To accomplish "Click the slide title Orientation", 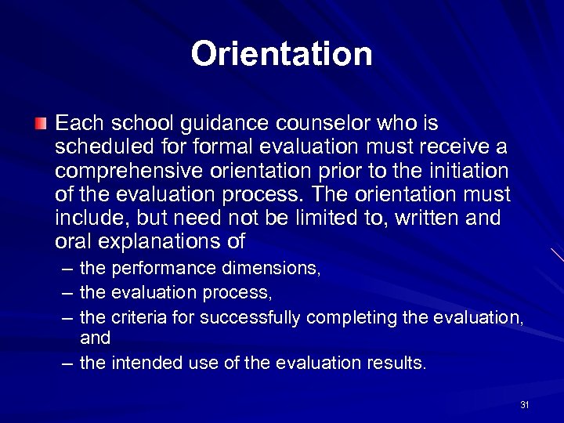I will [281, 54].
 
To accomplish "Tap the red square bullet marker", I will [41, 123].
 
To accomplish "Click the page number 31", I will [524, 405].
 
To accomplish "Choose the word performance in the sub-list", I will [164, 269].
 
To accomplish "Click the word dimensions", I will [270, 269].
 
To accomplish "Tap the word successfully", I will [251, 316].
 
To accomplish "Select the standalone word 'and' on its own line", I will [95, 338].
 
